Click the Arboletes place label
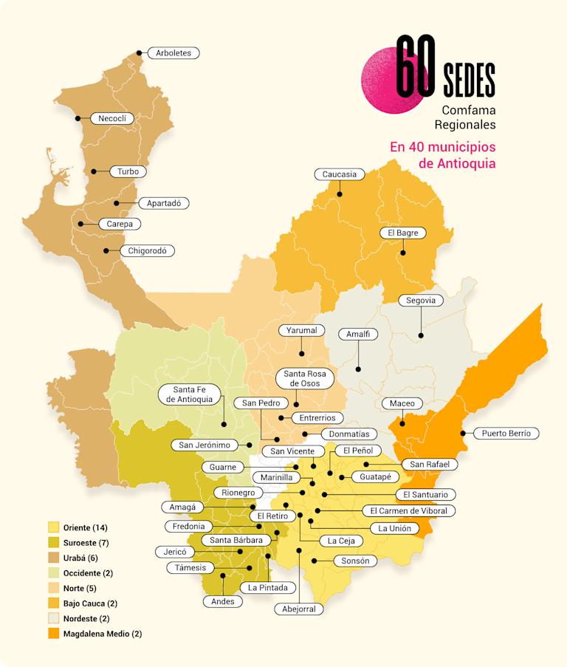pos(173,53)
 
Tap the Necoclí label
pos(113,118)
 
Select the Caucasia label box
pos(340,174)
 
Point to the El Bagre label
pos(403,233)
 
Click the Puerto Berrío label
pos(506,434)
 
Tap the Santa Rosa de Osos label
pos(305,378)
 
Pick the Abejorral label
pos(299,609)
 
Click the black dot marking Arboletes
pos(140,53)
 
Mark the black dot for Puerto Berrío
pos(463,434)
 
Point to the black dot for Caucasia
pos(340,194)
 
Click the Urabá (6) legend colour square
pos(53,558)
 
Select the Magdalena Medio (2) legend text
pos(103,634)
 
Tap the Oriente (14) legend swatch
pos(53,527)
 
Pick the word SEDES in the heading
pos(470,79)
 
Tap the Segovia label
pos(421,300)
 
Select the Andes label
pos(222,601)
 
